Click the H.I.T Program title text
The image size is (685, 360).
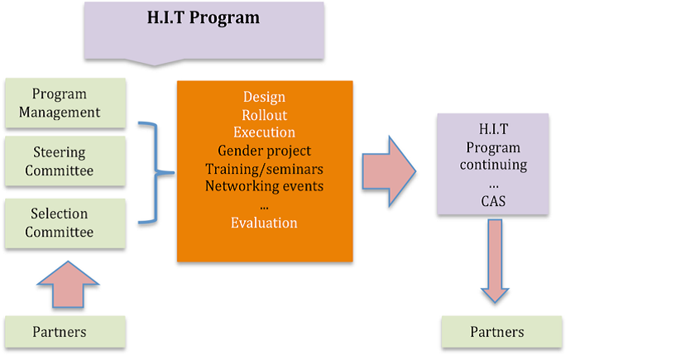tap(204, 18)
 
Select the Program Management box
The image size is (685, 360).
tap(65, 103)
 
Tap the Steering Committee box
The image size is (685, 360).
tap(65, 161)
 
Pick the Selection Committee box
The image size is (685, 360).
tap(65, 223)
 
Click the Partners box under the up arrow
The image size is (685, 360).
tap(65, 332)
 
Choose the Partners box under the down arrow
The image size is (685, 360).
tap(501, 332)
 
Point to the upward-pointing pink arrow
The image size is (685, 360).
tap(68, 285)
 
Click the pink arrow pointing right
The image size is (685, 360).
tap(389, 171)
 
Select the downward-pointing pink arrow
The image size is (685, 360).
tap(495, 261)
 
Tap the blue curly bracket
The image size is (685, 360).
tap(156, 173)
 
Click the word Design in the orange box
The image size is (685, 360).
tap(264, 97)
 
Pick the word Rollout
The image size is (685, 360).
tap(264, 115)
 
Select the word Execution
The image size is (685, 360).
tap(264, 132)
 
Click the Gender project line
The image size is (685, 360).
tap(264, 151)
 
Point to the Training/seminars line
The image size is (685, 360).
tap(264, 169)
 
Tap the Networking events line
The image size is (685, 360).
tap(264, 186)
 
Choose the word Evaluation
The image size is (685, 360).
tap(264, 223)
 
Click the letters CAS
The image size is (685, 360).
tap(493, 201)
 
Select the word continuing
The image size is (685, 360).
tap(493, 166)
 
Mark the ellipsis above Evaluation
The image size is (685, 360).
tap(264, 208)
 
